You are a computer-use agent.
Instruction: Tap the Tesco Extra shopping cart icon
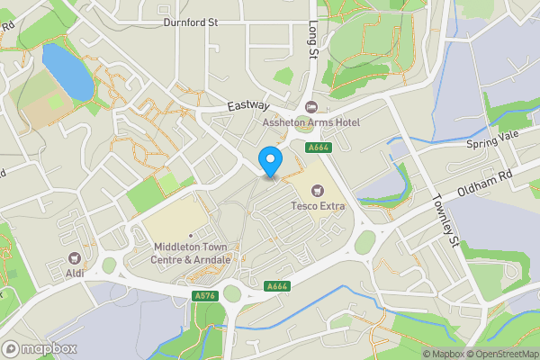317,190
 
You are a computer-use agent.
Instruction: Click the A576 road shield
204,294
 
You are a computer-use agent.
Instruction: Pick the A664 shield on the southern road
277,287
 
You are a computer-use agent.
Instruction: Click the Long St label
314,40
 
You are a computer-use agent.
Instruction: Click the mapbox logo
39,348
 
